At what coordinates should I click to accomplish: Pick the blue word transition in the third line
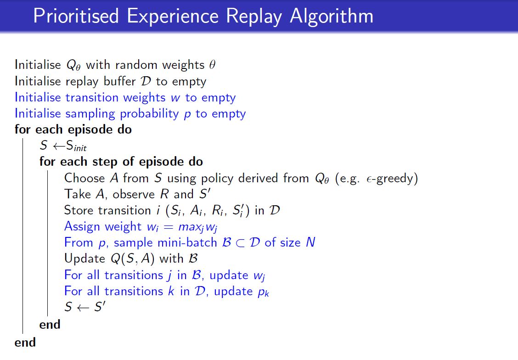point(90,97)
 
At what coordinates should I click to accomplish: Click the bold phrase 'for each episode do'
point(73,129)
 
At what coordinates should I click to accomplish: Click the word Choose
point(83,178)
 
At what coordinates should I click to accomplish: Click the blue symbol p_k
point(263,292)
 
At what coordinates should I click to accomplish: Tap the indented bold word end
point(50,325)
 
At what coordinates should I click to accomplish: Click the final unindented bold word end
point(25,342)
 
